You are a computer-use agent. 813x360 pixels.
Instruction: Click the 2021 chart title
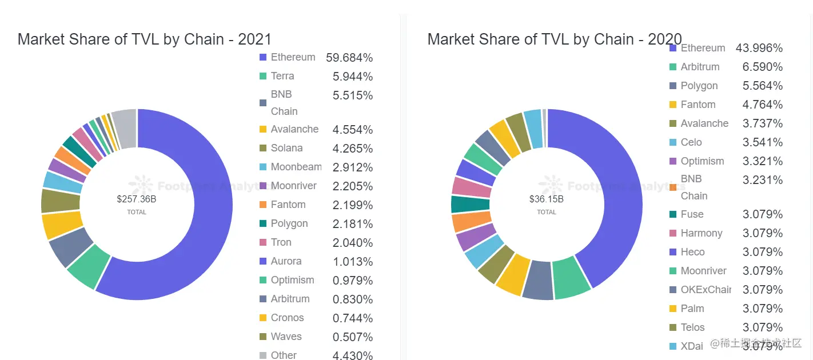tap(144, 39)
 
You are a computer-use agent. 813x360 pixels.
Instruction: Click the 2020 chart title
tap(554, 39)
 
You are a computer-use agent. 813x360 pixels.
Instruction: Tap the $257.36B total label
tap(137, 199)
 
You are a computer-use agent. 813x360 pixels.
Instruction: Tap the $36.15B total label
tap(546, 199)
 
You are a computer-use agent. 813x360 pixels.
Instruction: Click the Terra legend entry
tap(282, 76)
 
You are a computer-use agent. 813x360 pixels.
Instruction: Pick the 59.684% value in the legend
tap(349, 58)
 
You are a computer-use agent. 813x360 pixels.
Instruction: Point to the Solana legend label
tap(286, 148)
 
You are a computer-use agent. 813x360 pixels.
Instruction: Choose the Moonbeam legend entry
tap(296, 167)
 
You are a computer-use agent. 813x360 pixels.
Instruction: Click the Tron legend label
tap(281, 242)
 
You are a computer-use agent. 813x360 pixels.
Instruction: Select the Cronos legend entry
tap(287, 318)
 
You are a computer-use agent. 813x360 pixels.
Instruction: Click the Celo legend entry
tap(691, 142)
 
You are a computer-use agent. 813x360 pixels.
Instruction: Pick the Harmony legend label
tap(702, 233)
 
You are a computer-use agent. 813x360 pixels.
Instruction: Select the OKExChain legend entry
tap(706, 290)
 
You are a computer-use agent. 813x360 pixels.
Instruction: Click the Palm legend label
tap(692, 309)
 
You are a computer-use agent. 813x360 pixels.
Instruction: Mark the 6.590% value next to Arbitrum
tap(763, 67)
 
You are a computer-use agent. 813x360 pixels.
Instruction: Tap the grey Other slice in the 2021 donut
tap(125, 129)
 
